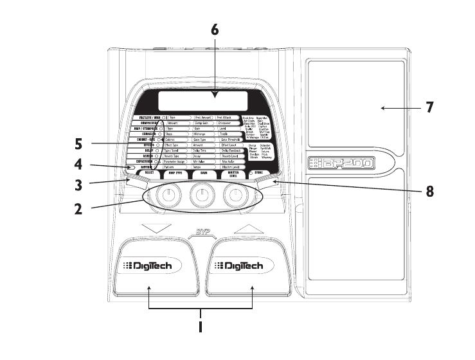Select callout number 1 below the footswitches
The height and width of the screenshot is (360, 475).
coord(201,327)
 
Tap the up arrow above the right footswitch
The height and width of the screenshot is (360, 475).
coord(247,228)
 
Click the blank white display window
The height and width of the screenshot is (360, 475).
coord(197,100)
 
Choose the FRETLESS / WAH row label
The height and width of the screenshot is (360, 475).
coord(147,118)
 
